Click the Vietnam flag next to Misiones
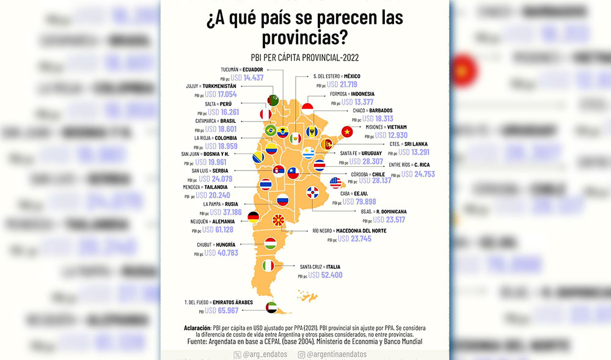pos(348,131)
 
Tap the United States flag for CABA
pos(335,183)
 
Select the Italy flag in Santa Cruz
pos(268,266)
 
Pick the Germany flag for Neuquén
pos(252,216)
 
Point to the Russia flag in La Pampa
pos(282,200)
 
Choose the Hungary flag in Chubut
pos(270,243)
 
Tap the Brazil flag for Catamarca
pos(270,130)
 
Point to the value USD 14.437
pos(244,78)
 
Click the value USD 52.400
pos(325,276)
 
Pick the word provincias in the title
pos(305,39)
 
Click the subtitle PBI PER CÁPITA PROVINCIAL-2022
pos(305,58)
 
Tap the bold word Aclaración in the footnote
pos(202,328)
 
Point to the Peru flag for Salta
pos(265,115)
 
